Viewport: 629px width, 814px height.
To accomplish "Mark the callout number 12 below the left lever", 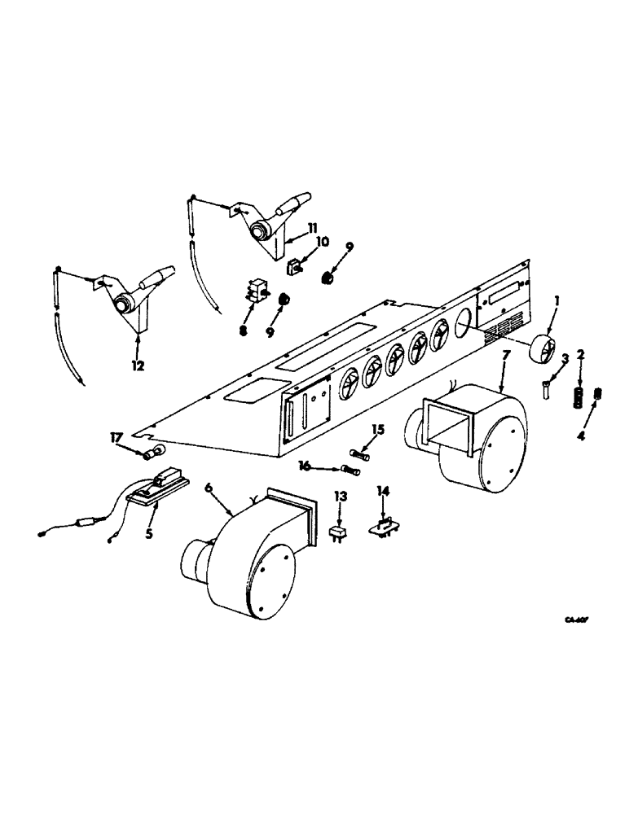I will pyautogui.click(x=138, y=366).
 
